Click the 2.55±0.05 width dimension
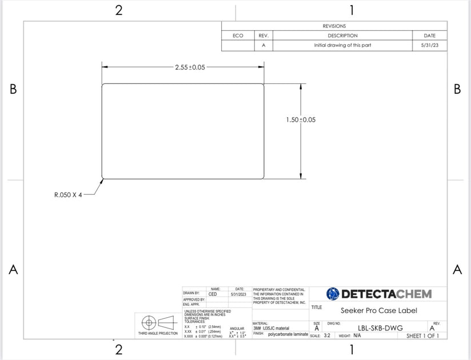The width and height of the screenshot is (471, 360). [x=190, y=67]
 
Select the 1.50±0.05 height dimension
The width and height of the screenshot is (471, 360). [x=301, y=119]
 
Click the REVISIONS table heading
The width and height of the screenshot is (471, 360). [x=334, y=26]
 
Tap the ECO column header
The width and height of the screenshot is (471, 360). [x=238, y=35]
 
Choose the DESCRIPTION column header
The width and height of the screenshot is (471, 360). [x=343, y=35]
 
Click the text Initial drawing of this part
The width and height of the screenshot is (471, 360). [x=342, y=45]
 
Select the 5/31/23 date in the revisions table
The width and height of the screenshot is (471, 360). [x=429, y=45]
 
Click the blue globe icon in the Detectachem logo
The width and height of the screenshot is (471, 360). [x=333, y=294]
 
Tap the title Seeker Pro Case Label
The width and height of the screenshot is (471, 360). [x=379, y=310]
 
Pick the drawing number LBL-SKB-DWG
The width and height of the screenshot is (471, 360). [x=380, y=328]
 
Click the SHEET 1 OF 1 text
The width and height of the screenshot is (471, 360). [x=422, y=335]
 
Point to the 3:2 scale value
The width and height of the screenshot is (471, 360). [x=327, y=335]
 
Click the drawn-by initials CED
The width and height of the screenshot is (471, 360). [x=213, y=294]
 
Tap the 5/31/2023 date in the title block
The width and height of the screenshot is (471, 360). [x=238, y=294]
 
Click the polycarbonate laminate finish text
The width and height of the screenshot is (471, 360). [x=288, y=334]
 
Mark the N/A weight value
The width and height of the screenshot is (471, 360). [x=357, y=335]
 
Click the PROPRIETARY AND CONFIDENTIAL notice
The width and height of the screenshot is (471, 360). [x=279, y=290]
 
